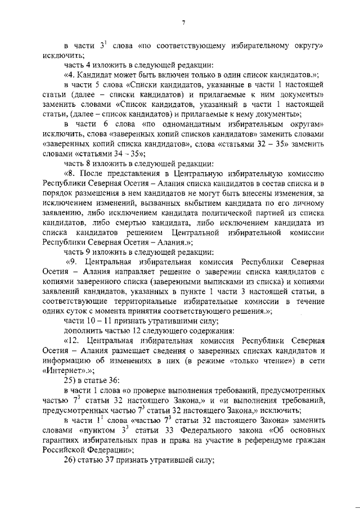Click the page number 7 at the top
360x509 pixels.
point(183,23)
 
